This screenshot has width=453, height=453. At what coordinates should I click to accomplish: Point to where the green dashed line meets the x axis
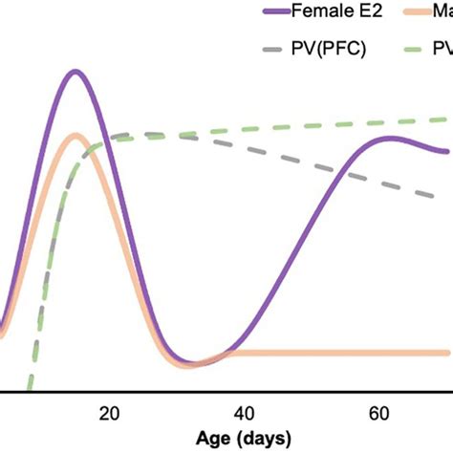point(28,391)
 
